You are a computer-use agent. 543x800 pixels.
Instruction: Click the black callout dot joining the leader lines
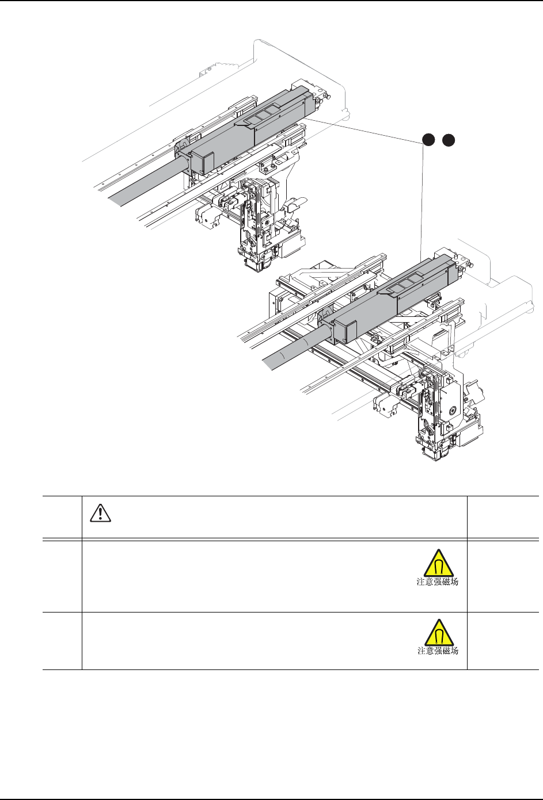427,139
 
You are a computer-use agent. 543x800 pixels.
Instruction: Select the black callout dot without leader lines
449,139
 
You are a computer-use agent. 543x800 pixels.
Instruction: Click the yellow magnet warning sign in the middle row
438,562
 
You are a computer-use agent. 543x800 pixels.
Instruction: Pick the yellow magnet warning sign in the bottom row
438,633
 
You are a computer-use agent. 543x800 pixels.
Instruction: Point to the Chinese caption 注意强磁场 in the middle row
438,582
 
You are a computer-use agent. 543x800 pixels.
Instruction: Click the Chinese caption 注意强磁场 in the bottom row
438,651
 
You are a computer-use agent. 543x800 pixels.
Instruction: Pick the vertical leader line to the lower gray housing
424,201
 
